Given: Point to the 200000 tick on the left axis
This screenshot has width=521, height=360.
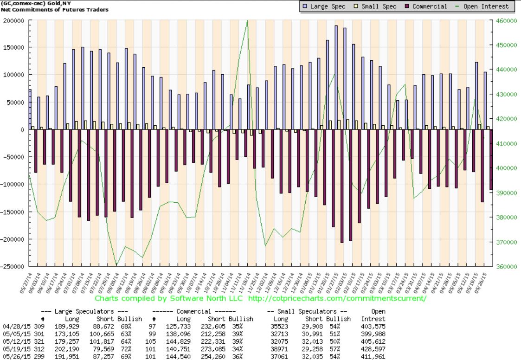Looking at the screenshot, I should (13, 21).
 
